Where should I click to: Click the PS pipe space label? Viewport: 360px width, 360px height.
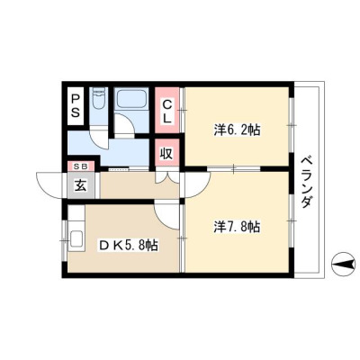[x=76, y=106]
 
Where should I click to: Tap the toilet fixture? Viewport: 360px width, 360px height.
[x=98, y=98]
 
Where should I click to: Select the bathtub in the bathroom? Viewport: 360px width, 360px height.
[x=131, y=97]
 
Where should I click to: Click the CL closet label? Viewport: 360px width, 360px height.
[x=166, y=112]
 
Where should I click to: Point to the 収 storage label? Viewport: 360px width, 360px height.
[x=166, y=153]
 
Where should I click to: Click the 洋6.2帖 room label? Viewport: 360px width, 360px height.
[x=237, y=130]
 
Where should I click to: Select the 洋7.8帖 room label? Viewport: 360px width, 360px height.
[x=237, y=227]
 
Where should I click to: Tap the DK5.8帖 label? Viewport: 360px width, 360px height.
[x=129, y=246]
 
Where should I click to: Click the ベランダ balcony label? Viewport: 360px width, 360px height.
[x=306, y=183]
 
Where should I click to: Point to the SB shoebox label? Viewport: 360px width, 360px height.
[x=81, y=166]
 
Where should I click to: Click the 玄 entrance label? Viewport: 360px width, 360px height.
[x=81, y=186]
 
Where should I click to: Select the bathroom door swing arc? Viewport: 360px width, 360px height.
[x=126, y=120]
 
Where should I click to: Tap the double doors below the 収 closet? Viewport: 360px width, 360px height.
[x=167, y=177]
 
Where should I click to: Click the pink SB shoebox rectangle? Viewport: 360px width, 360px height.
[x=81, y=166]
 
